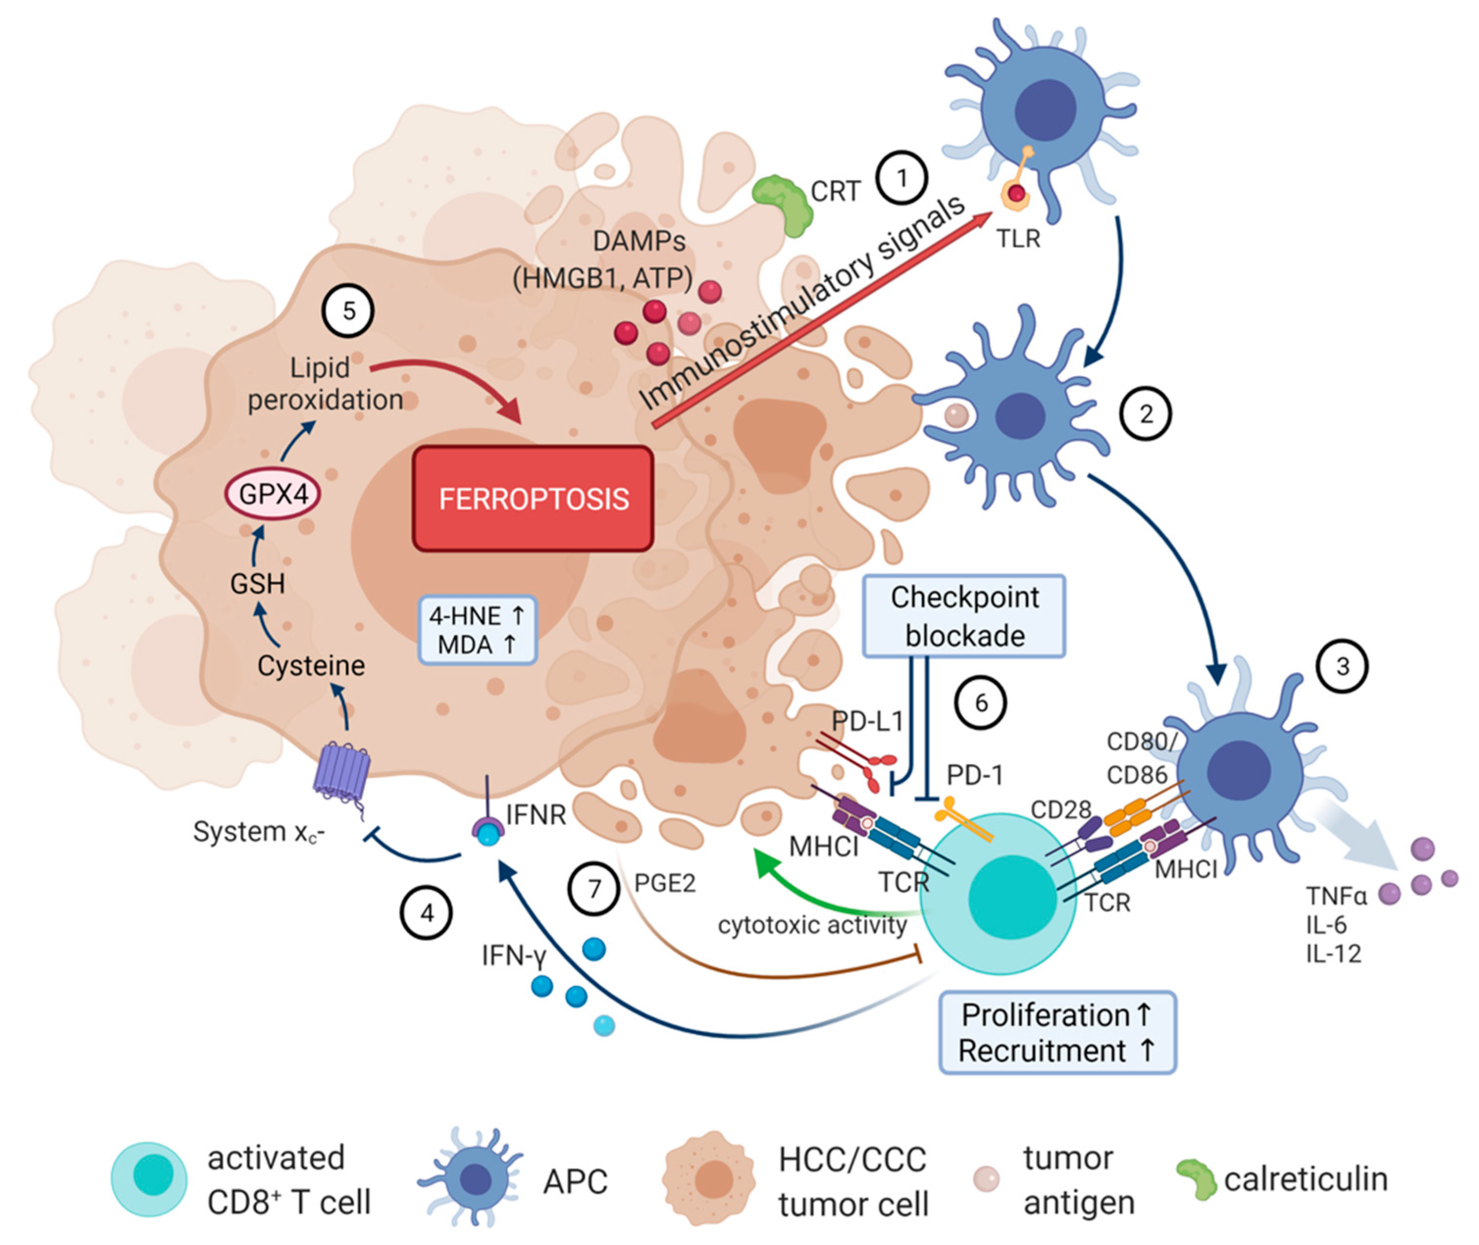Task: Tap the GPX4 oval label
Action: (x=273, y=494)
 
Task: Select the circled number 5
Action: (x=348, y=311)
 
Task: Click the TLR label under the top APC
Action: (x=1018, y=239)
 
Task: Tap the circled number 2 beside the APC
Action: (x=1146, y=414)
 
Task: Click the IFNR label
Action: (x=536, y=815)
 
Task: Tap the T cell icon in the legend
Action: (x=150, y=1179)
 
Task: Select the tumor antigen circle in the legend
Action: (x=986, y=1179)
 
